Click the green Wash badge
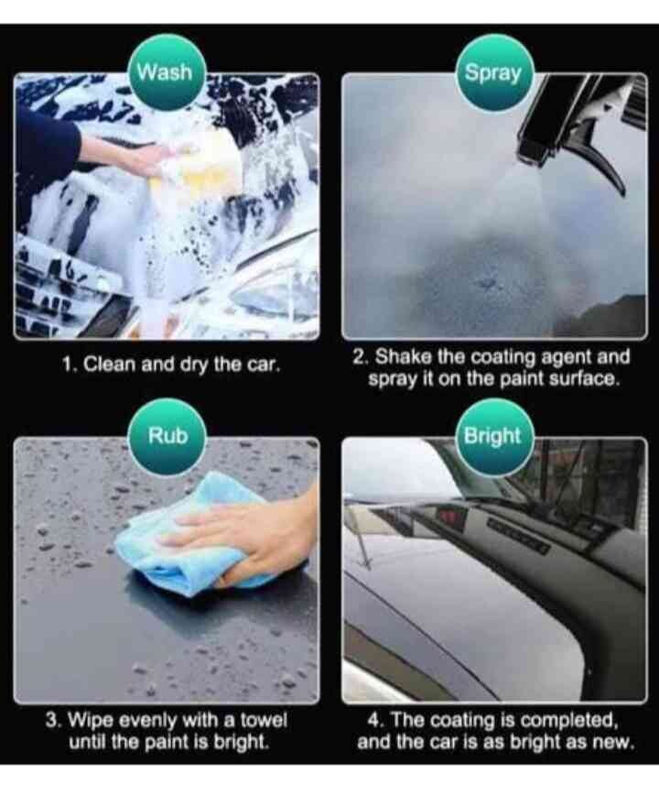[165, 72]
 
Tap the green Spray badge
[493, 72]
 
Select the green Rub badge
[168, 436]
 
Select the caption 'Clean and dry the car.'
[181, 364]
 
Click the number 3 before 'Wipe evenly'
[52, 721]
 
